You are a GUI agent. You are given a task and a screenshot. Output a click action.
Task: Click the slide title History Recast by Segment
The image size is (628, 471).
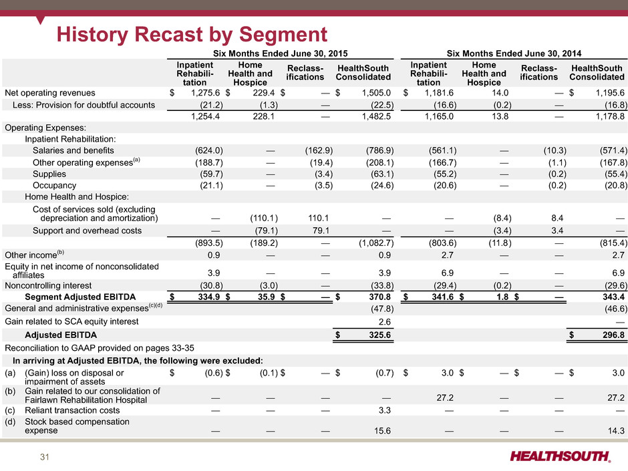[x=192, y=35]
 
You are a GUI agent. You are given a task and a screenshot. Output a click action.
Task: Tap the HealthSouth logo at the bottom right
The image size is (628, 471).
[x=561, y=456]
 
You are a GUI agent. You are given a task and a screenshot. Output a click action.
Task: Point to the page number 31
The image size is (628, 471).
[x=45, y=457]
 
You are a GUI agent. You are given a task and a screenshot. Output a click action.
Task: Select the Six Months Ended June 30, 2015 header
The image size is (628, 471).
[x=281, y=53]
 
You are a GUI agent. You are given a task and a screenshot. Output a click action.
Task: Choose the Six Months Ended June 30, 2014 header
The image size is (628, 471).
[x=514, y=53]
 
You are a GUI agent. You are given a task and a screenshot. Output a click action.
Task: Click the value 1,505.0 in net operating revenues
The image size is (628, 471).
[x=376, y=93]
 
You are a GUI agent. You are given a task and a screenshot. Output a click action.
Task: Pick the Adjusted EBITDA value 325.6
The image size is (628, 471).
[x=379, y=335]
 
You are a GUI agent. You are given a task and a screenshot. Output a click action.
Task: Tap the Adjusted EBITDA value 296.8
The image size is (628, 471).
[x=613, y=335]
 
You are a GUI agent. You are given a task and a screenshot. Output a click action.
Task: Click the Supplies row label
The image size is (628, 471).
[x=49, y=174]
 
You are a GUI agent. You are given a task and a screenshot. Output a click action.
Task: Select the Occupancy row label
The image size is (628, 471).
[x=55, y=186]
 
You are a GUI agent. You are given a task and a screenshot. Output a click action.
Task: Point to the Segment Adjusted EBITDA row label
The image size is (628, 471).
[x=80, y=297]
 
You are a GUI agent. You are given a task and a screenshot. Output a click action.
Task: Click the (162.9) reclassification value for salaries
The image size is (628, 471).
[x=319, y=150]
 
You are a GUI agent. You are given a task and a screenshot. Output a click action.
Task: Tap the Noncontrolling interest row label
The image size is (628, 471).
[x=48, y=285]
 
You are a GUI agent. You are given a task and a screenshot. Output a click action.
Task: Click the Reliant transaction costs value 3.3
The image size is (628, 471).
[x=385, y=410]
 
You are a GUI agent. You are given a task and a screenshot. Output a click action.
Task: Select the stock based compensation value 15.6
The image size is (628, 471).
[x=383, y=431]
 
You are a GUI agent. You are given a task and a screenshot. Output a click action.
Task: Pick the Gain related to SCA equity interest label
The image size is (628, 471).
[x=71, y=321]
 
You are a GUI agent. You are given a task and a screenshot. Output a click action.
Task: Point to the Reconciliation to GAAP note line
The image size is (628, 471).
[x=100, y=348]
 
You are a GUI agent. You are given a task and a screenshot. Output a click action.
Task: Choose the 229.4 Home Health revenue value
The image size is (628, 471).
[x=263, y=93]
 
